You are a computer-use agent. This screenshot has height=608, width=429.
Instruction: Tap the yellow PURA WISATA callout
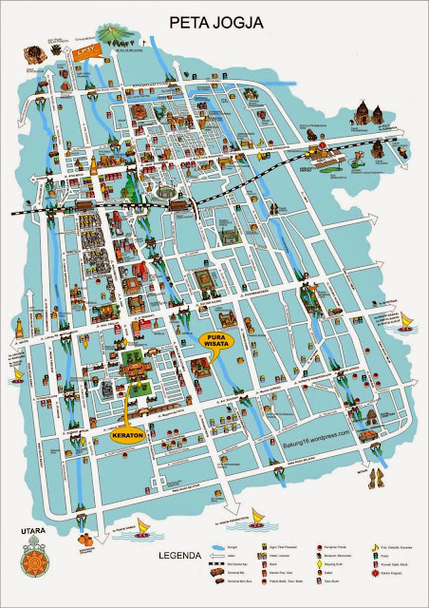[221, 340]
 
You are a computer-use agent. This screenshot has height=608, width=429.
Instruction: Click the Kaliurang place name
[122, 52]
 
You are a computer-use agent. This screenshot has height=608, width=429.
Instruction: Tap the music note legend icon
[375, 548]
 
